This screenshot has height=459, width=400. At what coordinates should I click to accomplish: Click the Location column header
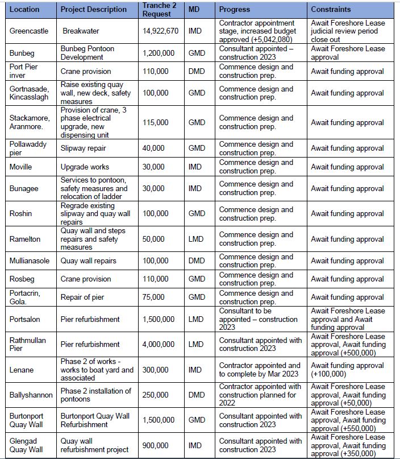tap(24, 10)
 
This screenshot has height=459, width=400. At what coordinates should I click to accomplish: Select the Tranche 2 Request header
tap(156, 10)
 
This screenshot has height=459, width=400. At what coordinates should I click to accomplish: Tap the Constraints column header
tap(331, 10)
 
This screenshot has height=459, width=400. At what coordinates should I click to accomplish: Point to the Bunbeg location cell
tap(22, 53)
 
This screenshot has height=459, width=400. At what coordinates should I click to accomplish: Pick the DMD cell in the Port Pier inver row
tap(197, 72)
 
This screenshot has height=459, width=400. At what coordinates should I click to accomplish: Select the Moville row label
tap(22, 167)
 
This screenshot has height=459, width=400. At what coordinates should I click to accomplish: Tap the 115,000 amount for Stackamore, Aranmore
tap(155, 122)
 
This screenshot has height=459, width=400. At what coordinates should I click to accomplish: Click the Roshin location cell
tap(20, 214)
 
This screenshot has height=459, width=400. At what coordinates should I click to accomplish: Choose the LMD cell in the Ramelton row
tap(197, 239)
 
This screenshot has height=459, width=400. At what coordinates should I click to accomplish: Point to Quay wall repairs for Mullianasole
tap(88, 261)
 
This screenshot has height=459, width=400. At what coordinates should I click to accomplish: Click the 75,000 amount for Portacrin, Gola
tap(153, 297)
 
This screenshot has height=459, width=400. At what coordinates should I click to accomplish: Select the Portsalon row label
tap(25, 320)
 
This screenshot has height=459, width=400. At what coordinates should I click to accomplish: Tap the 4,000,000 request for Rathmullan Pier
tap(159, 344)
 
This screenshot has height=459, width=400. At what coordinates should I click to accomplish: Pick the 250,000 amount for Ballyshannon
tap(155, 395)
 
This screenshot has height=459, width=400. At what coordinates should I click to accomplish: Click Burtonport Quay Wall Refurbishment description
tap(95, 420)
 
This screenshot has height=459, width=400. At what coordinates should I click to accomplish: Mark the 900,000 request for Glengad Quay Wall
tap(155, 445)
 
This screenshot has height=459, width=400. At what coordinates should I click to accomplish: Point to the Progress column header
tap(234, 10)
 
